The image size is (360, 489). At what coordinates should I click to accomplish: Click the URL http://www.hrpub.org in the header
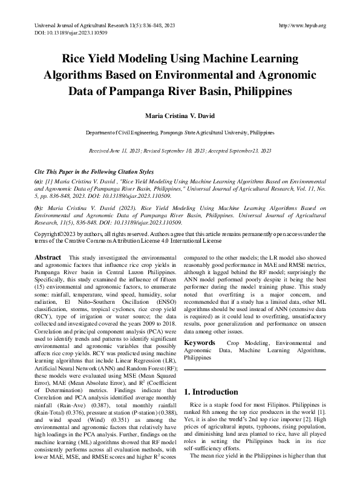point(302,25)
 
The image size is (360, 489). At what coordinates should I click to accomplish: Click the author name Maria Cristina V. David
point(180,115)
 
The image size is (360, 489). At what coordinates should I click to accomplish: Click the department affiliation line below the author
point(180,131)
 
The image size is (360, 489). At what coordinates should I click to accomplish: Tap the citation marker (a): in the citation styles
point(39,181)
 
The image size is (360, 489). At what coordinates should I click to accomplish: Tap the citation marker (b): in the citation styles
point(39,208)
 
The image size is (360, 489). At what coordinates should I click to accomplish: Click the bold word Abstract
point(48,257)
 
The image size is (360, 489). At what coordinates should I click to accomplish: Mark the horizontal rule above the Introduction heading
point(254,370)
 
